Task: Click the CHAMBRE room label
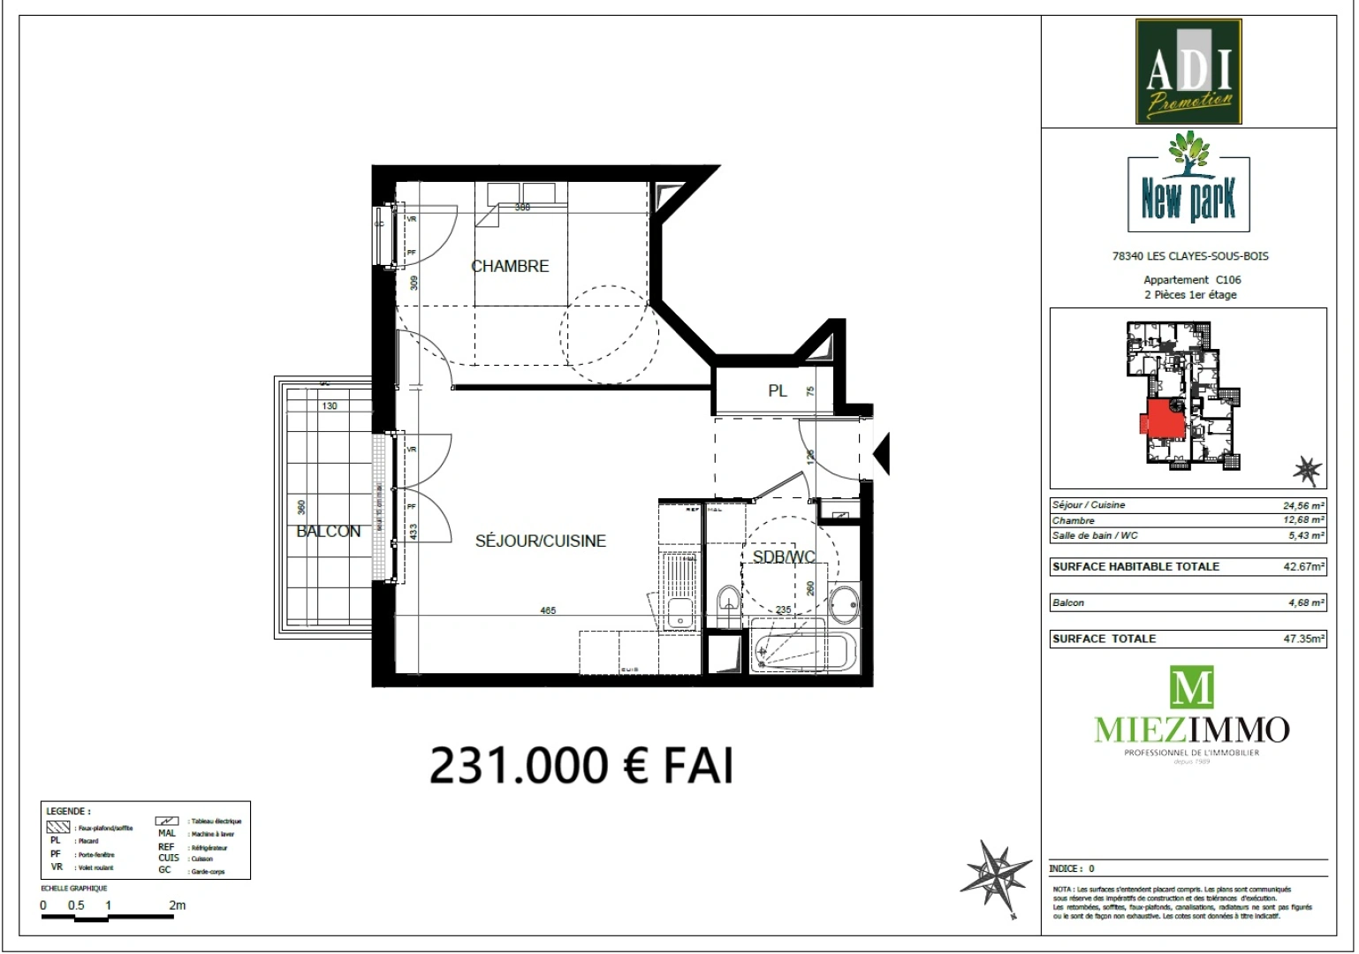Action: (x=510, y=266)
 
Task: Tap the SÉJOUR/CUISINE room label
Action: (x=541, y=541)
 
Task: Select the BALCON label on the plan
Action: (x=328, y=531)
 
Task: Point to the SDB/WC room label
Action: (x=783, y=556)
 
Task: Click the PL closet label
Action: (x=778, y=390)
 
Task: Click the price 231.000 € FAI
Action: (x=581, y=765)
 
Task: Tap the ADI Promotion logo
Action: (x=1188, y=72)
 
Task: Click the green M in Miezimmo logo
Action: (x=1191, y=688)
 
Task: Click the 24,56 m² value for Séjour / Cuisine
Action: (x=1303, y=505)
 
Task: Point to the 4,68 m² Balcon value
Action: (x=1304, y=602)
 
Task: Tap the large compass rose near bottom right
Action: (x=996, y=877)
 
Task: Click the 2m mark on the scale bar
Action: (x=177, y=905)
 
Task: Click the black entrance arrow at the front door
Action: (x=882, y=454)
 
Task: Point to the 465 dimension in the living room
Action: (x=548, y=610)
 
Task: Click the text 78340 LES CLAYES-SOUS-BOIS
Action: (x=1189, y=256)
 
